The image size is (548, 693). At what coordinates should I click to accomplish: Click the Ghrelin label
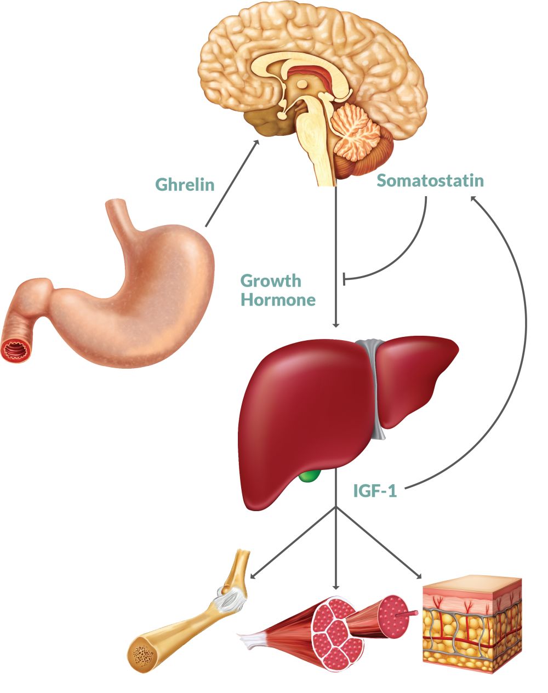point(185,185)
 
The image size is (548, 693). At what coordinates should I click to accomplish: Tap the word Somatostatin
point(430,180)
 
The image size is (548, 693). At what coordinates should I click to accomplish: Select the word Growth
point(271,281)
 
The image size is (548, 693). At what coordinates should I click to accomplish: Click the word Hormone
point(278,300)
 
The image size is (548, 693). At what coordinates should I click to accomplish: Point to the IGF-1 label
point(375,491)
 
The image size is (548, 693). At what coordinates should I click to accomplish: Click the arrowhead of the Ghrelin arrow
point(255,144)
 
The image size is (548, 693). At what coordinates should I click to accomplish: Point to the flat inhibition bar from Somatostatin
point(344,278)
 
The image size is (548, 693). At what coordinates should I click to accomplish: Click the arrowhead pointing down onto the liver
point(336,324)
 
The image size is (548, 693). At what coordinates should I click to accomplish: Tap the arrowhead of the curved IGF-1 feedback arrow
point(474,198)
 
